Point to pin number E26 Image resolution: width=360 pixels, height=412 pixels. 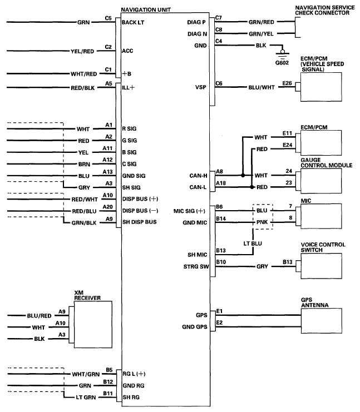(x=287, y=83)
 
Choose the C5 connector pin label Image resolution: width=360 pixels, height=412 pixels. (x=109, y=18)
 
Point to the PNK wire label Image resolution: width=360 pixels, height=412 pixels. (x=262, y=221)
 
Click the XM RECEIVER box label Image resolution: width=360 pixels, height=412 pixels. (x=87, y=295)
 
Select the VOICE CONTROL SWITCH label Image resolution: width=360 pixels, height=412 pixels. (x=323, y=247)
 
